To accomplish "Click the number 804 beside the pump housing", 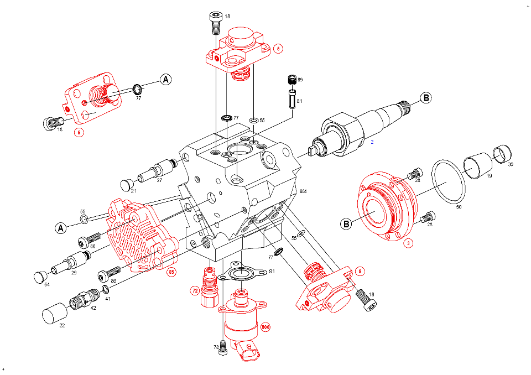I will [x=303, y=191].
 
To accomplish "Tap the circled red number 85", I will [x=171, y=272].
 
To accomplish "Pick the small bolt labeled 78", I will [x=223, y=347].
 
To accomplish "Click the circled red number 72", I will [x=195, y=289].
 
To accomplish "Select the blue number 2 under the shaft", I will [x=372, y=142].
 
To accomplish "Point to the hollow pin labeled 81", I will [x=291, y=100].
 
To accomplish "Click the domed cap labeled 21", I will [x=128, y=183].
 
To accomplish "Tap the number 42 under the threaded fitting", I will [x=93, y=308].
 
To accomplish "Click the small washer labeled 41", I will [x=105, y=290].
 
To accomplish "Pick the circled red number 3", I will [x=408, y=243].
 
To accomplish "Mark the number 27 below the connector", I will [x=159, y=180].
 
